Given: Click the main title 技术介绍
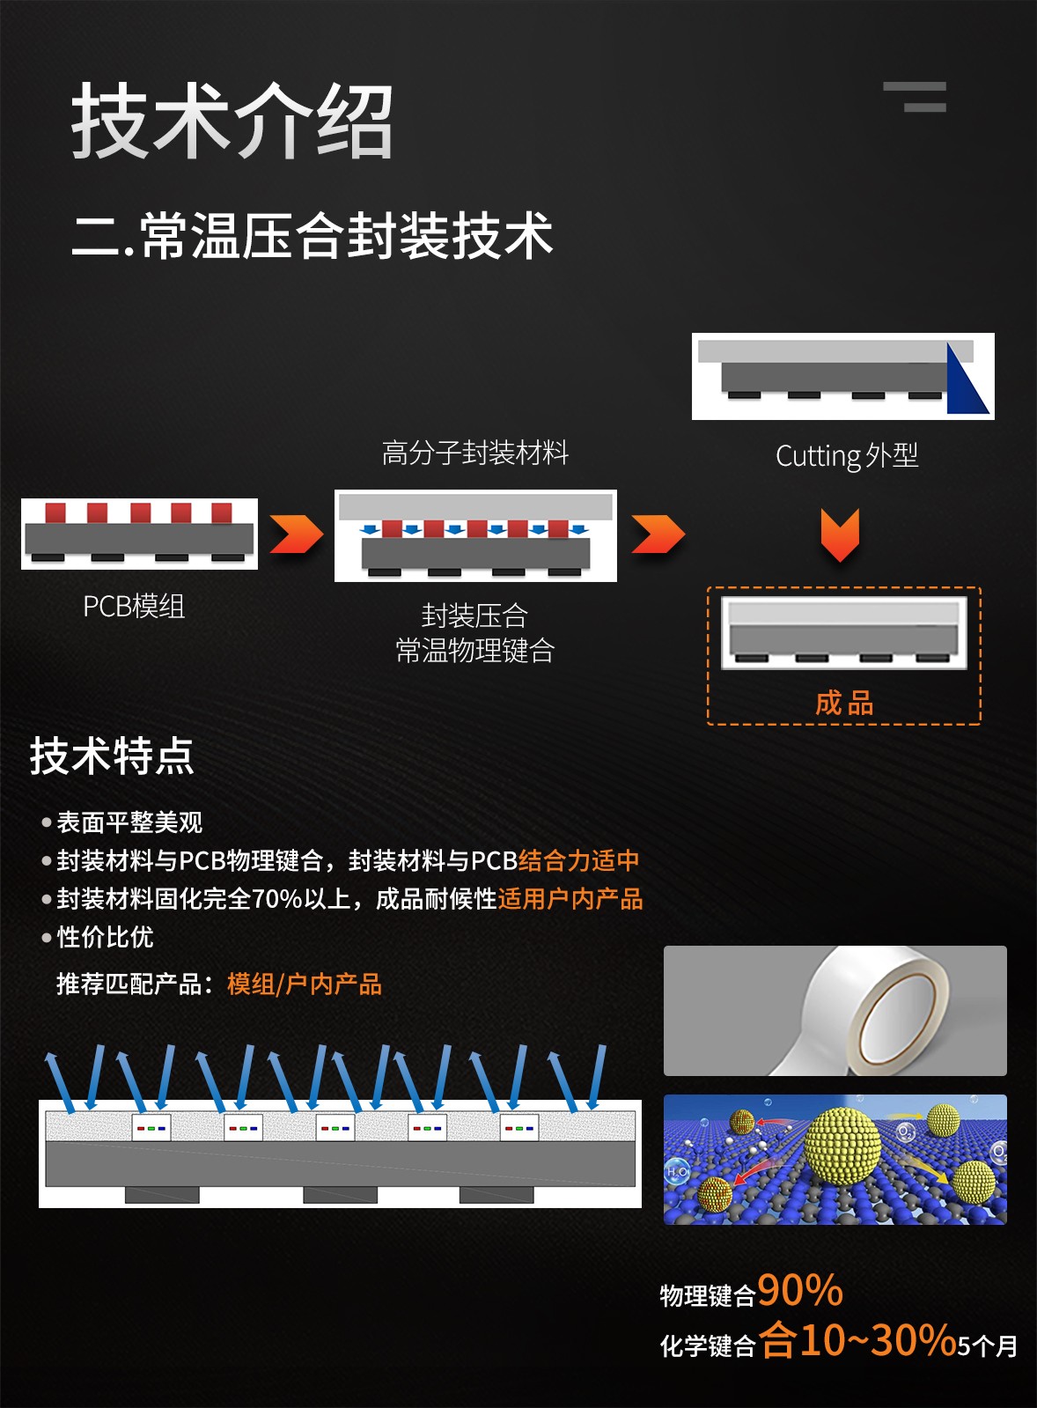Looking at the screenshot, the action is coord(232,120).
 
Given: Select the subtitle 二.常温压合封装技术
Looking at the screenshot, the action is coord(312,235).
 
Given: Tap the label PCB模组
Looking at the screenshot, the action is coord(134,607).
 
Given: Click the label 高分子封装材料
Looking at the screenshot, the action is coord(475,453).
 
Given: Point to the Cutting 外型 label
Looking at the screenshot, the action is coord(847,456).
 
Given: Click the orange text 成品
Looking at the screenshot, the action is coord(844,703).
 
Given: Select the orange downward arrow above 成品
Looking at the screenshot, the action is coord(840,534).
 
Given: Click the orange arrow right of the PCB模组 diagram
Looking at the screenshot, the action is coord(297,534).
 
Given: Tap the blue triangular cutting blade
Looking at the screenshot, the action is coord(967,380).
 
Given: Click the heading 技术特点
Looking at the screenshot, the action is coord(112,756).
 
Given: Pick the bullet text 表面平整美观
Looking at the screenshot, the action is coord(129,822).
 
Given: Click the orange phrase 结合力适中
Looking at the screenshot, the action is coord(579,860).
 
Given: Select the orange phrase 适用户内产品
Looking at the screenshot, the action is coord(570,899).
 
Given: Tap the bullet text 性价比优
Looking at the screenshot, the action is coord(105,937).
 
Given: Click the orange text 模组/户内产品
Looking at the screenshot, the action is coord(305,984).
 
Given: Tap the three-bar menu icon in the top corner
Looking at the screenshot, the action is coord(915,97).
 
